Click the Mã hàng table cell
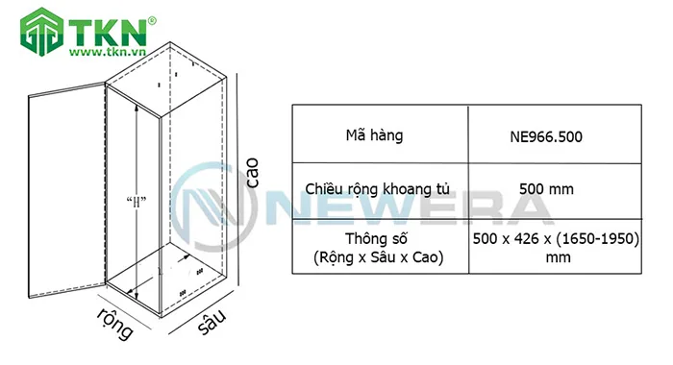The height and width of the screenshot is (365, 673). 380,135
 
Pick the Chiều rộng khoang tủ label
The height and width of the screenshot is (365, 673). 380,190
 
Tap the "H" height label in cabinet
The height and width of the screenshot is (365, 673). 136,201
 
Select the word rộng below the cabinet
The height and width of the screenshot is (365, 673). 114,325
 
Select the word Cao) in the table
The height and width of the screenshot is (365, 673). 427,258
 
